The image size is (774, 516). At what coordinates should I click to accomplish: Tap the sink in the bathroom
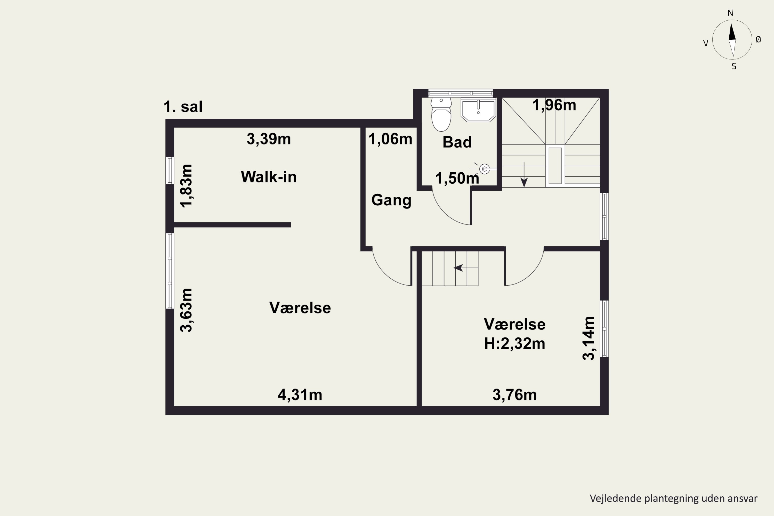pyautogui.click(x=478, y=110)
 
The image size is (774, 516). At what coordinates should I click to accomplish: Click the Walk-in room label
pyautogui.click(x=269, y=177)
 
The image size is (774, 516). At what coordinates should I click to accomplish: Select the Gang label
pyautogui.click(x=391, y=200)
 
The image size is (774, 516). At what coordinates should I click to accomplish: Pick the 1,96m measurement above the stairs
pyautogui.click(x=554, y=105)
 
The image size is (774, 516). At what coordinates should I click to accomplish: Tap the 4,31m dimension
pyautogui.click(x=300, y=394)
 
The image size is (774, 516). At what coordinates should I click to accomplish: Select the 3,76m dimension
pyautogui.click(x=515, y=394)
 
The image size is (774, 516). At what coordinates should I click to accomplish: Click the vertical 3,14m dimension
pyautogui.click(x=589, y=338)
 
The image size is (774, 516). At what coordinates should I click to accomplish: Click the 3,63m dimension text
pyautogui.click(x=187, y=310)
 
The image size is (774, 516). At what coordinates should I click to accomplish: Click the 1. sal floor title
pyautogui.click(x=183, y=107)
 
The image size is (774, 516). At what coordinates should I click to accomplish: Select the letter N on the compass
pyautogui.click(x=730, y=13)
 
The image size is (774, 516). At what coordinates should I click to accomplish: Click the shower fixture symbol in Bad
pyautogui.click(x=485, y=169)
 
